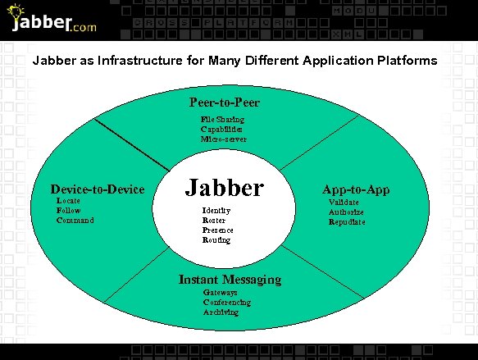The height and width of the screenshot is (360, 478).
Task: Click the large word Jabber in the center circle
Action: [x=224, y=187]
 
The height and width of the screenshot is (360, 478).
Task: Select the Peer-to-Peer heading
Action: [x=224, y=103]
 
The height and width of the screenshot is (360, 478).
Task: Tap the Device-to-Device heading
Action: [x=98, y=189]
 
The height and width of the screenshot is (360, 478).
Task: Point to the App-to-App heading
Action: [x=356, y=189]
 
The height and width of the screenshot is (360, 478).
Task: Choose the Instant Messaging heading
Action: [x=230, y=280]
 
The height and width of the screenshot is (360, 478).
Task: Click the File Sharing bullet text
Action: [x=222, y=120]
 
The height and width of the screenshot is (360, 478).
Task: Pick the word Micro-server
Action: [x=223, y=139]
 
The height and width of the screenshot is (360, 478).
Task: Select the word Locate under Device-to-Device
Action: [x=69, y=201]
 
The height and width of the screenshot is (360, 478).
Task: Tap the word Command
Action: [x=75, y=221]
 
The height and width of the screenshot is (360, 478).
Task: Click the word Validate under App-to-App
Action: [x=344, y=202]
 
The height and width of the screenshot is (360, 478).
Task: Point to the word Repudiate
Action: [x=347, y=222]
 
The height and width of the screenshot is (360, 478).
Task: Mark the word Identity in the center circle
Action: [x=216, y=211]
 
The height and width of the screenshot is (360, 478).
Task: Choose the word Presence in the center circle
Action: [x=217, y=230]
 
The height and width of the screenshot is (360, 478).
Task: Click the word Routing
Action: [x=216, y=240]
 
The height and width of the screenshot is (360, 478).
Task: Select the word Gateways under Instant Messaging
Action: [x=221, y=293]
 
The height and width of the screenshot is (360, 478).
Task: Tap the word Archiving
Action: [x=221, y=312]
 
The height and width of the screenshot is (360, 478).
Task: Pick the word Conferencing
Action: [x=227, y=303]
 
